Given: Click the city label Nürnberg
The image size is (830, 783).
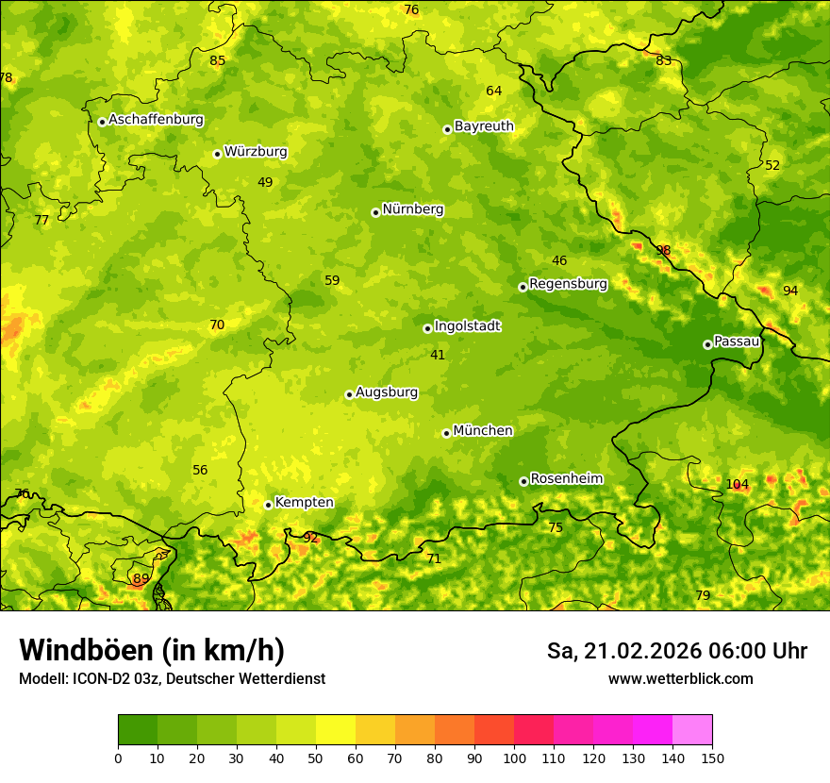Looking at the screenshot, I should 412,209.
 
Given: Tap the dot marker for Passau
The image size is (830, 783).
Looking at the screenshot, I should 707,344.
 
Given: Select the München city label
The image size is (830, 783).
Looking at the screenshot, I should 483,431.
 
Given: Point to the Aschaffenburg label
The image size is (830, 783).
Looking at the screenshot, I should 156,120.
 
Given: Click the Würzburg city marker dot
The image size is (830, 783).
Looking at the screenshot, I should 217,154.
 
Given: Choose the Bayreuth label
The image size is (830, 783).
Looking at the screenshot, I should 484,126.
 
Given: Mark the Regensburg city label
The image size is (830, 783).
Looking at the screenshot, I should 568,284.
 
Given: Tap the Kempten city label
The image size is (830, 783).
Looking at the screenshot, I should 304,503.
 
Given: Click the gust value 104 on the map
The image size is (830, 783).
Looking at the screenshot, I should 738,485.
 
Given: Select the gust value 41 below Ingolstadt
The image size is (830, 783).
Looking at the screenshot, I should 438,356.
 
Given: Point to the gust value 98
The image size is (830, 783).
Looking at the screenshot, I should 663,251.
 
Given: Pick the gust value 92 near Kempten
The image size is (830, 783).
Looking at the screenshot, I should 310,538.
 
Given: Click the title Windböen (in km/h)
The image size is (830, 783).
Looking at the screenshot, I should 152,650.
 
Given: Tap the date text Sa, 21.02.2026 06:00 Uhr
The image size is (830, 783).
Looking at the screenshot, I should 677,651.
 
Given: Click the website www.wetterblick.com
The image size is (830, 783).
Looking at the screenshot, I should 680,679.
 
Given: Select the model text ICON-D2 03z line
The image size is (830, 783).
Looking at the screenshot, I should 172,679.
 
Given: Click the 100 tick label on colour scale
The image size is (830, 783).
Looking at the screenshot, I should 514,758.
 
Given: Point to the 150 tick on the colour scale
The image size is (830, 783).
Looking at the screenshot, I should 712,758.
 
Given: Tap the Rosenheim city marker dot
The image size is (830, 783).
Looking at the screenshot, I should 523,481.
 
